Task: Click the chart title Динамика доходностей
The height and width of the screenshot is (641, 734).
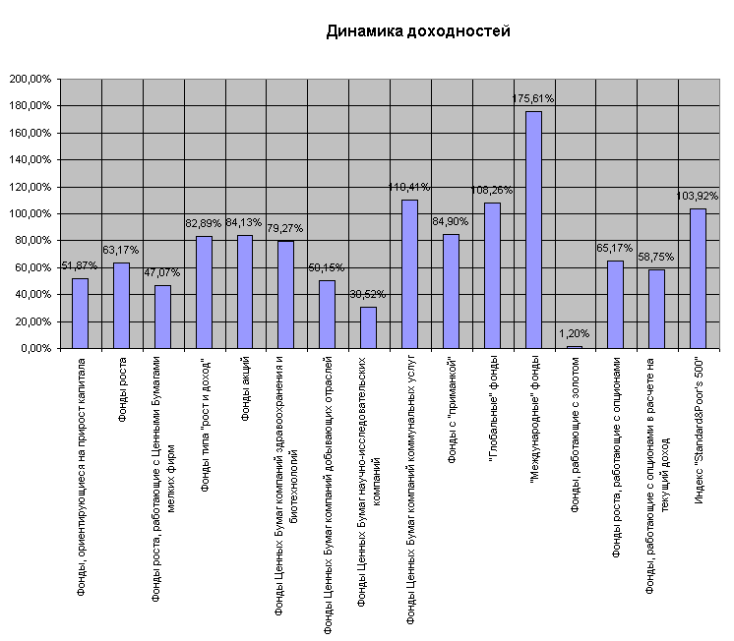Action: coord(418,31)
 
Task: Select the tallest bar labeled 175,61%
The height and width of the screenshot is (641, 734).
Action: coord(533,229)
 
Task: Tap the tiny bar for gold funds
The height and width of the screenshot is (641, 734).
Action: coord(575,346)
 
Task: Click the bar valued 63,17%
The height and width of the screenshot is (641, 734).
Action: coord(121,305)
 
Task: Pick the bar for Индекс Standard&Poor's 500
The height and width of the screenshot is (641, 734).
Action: coord(698,278)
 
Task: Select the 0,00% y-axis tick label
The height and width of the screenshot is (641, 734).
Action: coord(34,348)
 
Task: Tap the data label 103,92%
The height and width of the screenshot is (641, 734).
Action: coord(698,197)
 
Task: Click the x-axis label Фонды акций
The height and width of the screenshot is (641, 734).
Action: coord(245,391)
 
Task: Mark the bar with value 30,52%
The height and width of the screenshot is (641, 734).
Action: coord(368,327)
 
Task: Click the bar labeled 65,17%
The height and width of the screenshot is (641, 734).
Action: coord(615,304)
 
